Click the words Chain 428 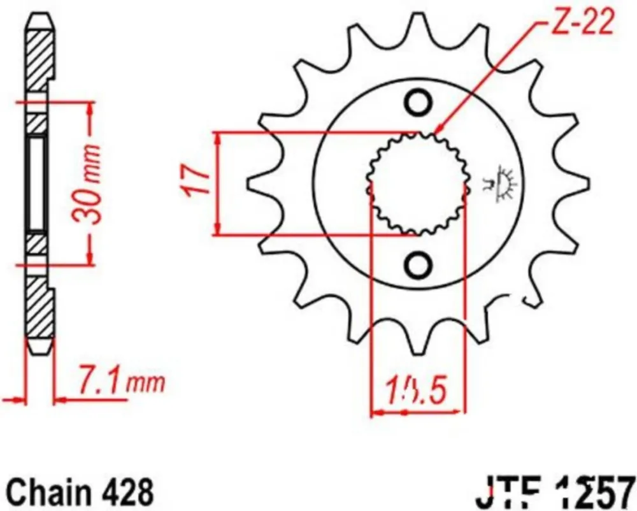pyautogui.click(x=82, y=491)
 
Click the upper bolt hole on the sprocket pyautogui.click(x=419, y=103)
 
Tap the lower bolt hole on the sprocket pyautogui.click(x=419, y=264)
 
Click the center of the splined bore pyautogui.click(x=418, y=184)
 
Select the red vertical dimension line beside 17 pyautogui.click(x=219, y=184)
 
